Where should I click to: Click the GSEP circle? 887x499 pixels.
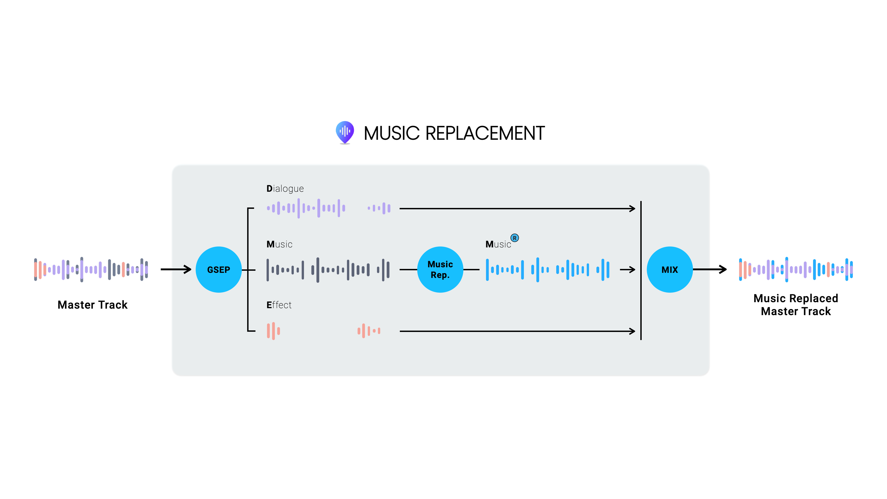(219, 270)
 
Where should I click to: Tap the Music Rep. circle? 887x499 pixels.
(440, 270)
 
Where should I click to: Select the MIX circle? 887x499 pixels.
(669, 270)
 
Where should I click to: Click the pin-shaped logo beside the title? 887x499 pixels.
(345, 132)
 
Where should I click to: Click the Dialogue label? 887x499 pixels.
(285, 189)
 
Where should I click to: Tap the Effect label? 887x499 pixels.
(279, 305)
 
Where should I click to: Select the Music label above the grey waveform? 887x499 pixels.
(279, 244)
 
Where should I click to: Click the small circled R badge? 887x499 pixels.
(514, 238)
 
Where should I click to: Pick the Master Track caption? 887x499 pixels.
(93, 305)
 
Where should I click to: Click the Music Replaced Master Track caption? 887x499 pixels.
(796, 305)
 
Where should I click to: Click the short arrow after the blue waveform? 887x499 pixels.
(627, 270)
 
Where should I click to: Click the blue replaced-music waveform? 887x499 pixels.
(547, 270)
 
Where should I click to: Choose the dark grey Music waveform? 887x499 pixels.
(328, 270)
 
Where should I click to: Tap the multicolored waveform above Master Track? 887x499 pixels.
(91, 270)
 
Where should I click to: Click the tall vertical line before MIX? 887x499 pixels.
(641, 270)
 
